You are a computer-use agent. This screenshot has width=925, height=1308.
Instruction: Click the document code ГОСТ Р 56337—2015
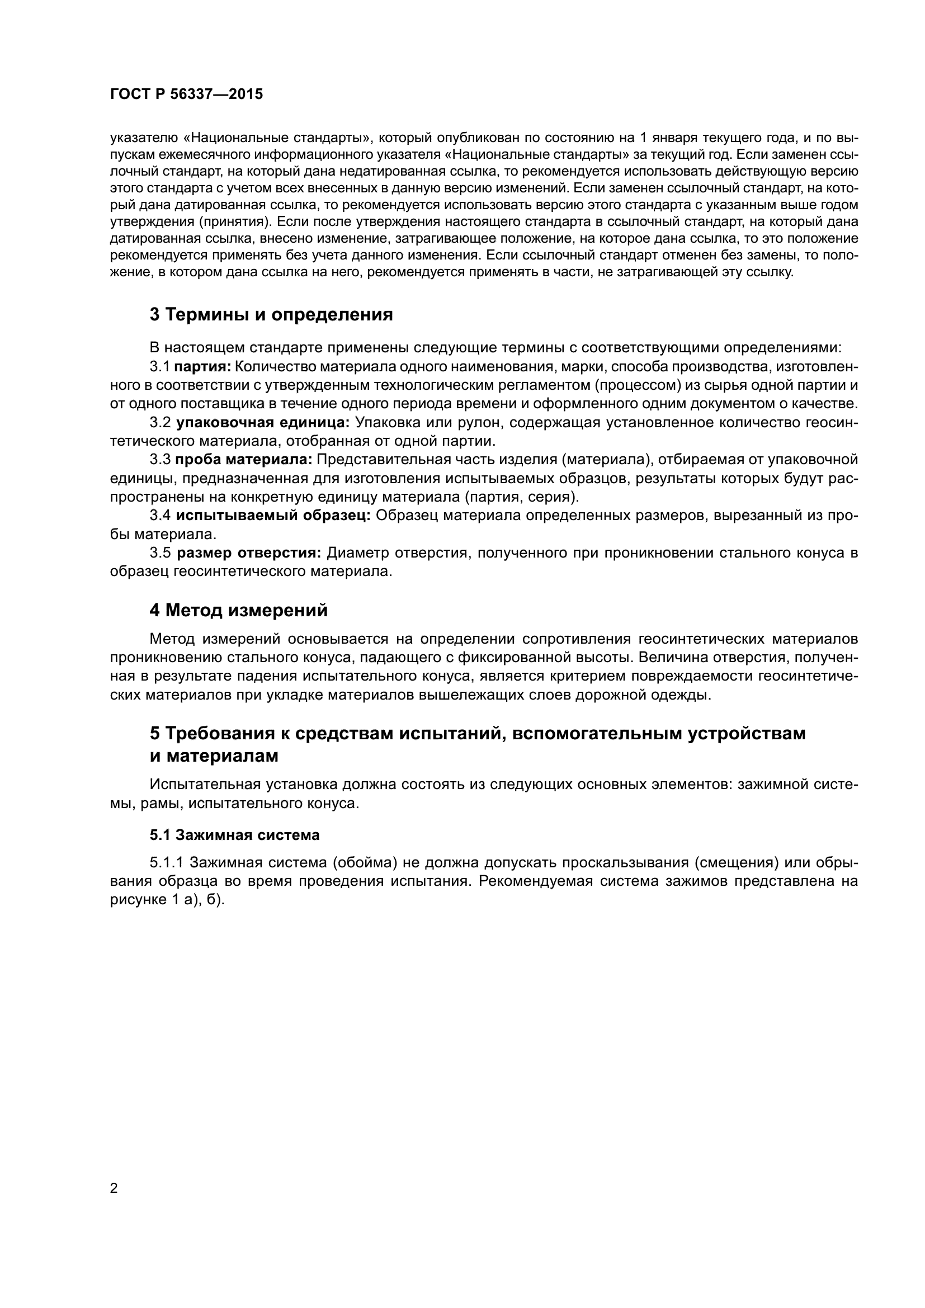click(186, 95)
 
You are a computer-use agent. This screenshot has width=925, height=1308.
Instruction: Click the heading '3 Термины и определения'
click(271, 314)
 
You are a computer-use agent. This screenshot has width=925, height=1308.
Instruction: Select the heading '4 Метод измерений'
click(239, 610)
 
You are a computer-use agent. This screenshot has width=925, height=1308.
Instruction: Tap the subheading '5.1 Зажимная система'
click(235, 835)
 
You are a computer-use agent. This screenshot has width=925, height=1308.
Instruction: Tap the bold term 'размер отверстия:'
click(249, 553)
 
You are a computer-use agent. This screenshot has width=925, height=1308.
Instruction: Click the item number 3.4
click(160, 516)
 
